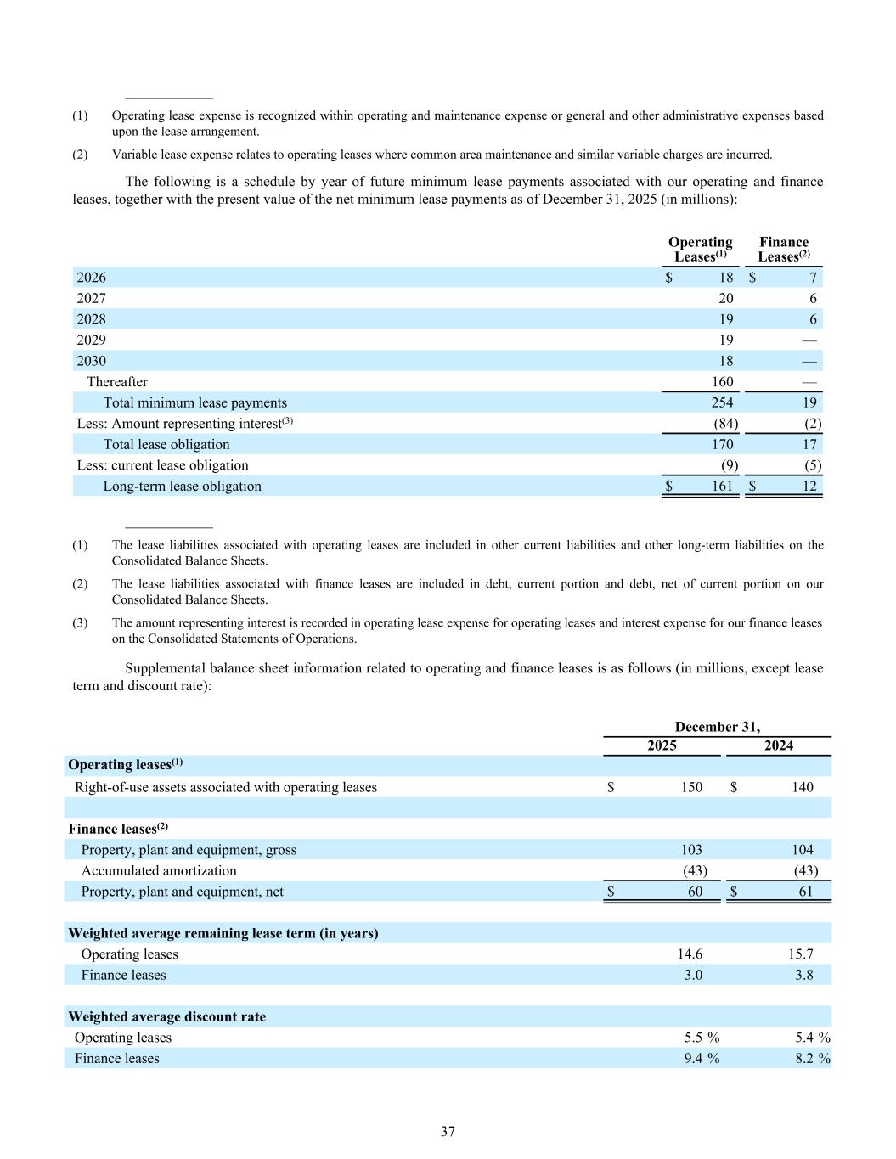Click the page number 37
pyautogui.click(x=448, y=1131)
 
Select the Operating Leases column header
pyautogui.click(x=700, y=250)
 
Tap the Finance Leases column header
pyautogui.click(x=783, y=250)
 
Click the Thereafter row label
pyautogui.click(x=117, y=382)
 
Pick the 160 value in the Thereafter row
pyautogui.click(x=722, y=382)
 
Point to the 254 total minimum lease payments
pyautogui.click(x=722, y=402)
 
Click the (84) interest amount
pyautogui.click(x=725, y=424)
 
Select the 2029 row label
pyautogui.click(x=92, y=340)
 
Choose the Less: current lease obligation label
pyautogui.click(x=163, y=465)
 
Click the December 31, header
pyautogui.click(x=718, y=727)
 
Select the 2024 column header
pyautogui.click(x=779, y=745)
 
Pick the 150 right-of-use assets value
pyautogui.click(x=691, y=787)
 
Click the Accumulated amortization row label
pyautogui.click(x=159, y=870)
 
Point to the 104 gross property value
pyautogui.click(x=801, y=850)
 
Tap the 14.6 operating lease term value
pyautogui.click(x=692, y=954)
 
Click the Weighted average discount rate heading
pyautogui.click(x=166, y=1016)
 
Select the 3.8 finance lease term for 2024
pyautogui.click(x=803, y=975)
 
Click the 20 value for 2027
pyautogui.click(x=725, y=299)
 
